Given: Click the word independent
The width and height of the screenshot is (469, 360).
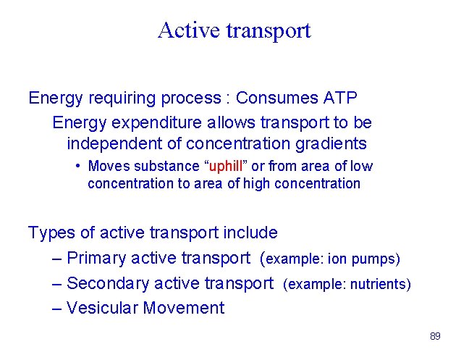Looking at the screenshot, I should point(113,143).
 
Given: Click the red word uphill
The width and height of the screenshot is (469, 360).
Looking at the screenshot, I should point(224,167).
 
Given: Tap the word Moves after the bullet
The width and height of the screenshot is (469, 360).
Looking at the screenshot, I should point(109,167).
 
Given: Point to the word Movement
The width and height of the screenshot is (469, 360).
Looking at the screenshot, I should point(184,308).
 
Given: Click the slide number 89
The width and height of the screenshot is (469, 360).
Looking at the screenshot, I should point(435,337).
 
